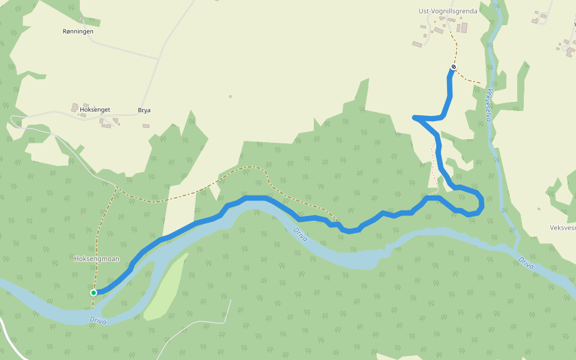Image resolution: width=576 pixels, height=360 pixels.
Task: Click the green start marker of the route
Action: point(94,293)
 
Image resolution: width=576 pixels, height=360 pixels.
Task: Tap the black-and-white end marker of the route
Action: point(453,67)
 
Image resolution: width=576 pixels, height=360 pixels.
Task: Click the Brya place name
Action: point(144,110)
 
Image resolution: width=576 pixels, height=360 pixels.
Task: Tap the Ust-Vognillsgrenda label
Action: point(447,11)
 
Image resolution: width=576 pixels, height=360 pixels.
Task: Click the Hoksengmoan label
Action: point(97,259)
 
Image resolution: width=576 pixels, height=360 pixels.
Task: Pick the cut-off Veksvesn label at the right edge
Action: point(562,228)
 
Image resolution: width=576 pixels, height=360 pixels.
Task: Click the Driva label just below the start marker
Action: point(98,321)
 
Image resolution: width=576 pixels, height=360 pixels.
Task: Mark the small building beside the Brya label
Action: point(146,126)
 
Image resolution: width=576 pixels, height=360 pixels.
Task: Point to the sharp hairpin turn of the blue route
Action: point(415,118)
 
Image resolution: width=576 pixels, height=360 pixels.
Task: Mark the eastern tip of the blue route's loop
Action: point(482,201)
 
